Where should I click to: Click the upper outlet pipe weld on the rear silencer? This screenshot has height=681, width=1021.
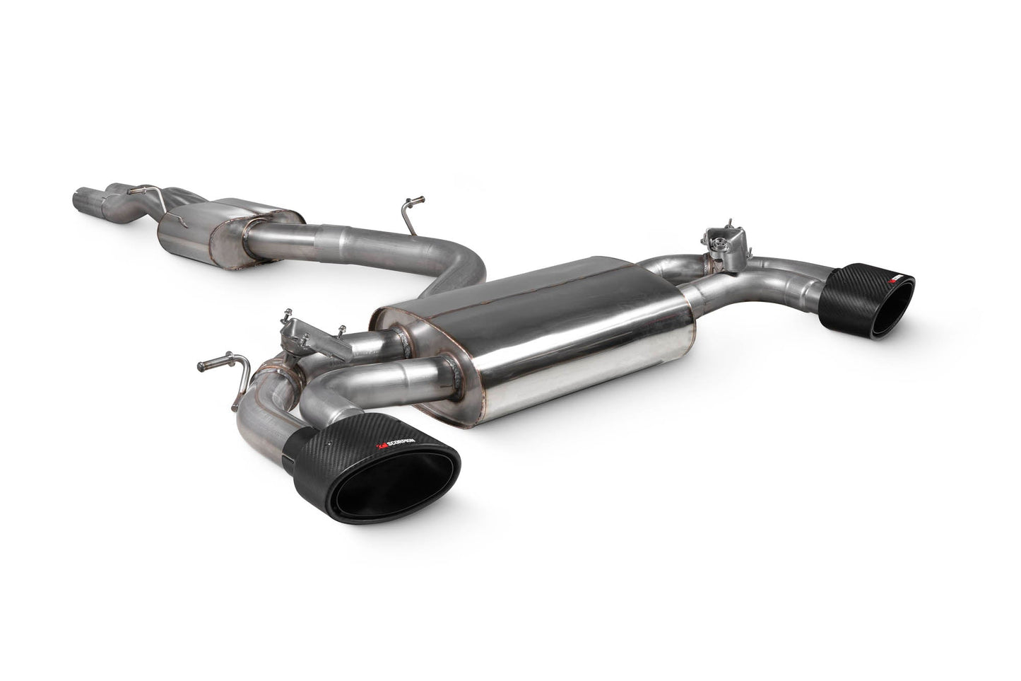pos(398,339)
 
